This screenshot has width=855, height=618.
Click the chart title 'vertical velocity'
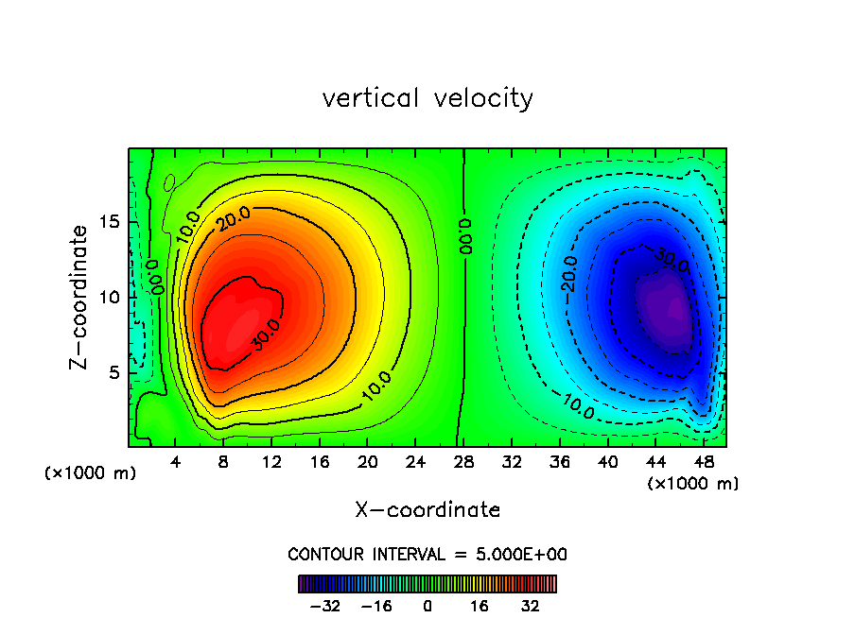point(427,98)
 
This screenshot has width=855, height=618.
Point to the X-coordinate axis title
point(427,510)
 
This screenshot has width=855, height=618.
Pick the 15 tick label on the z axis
point(108,222)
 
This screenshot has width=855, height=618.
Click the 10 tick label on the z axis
point(108,297)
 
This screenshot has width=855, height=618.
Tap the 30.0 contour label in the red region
point(266,335)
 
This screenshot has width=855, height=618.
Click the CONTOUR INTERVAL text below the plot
point(427,554)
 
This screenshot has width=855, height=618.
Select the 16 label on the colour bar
point(480,606)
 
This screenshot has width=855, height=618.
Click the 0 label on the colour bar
point(427,606)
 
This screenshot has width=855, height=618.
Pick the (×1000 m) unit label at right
point(693,484)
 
